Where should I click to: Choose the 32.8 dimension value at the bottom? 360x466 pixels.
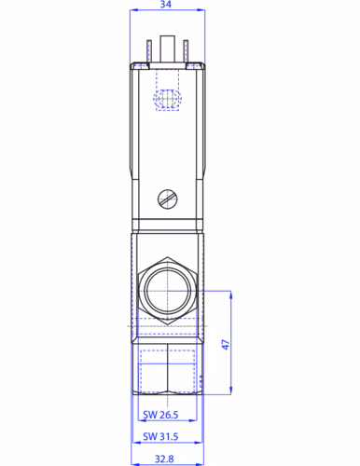pos(165,459)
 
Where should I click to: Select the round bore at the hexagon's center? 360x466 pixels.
pos(167,291)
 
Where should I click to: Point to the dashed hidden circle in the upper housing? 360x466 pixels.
pos(167,98)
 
